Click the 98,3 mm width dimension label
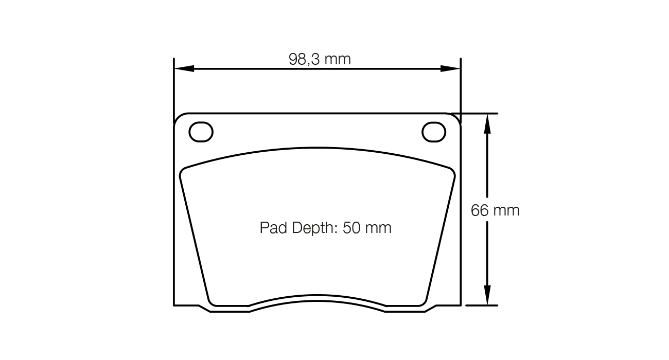click(320, 60)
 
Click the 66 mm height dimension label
click(495, 210)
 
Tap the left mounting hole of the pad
click(201, 132)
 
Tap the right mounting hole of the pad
click(433, 132)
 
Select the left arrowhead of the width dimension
click(184, 68)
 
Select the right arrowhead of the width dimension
click(451, 68)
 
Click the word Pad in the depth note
click(273, 228)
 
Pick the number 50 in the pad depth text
click(354, 228)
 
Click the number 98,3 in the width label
click(304, 60)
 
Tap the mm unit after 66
click(506, 210)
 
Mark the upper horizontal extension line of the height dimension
click(473, 113)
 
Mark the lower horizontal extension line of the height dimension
click(481, 305)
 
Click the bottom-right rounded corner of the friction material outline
click(423, 302)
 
